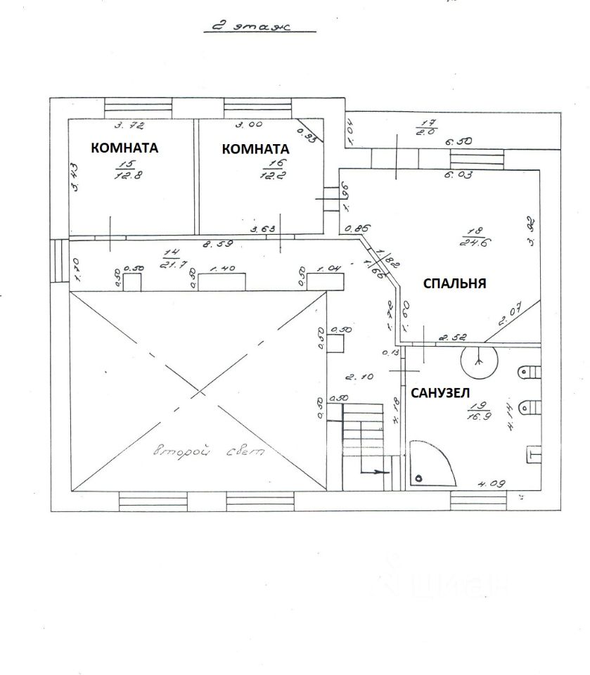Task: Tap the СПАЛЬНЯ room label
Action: [454, 283]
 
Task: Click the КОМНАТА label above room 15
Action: [124, 148]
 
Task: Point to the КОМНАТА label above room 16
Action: [255, 149]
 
